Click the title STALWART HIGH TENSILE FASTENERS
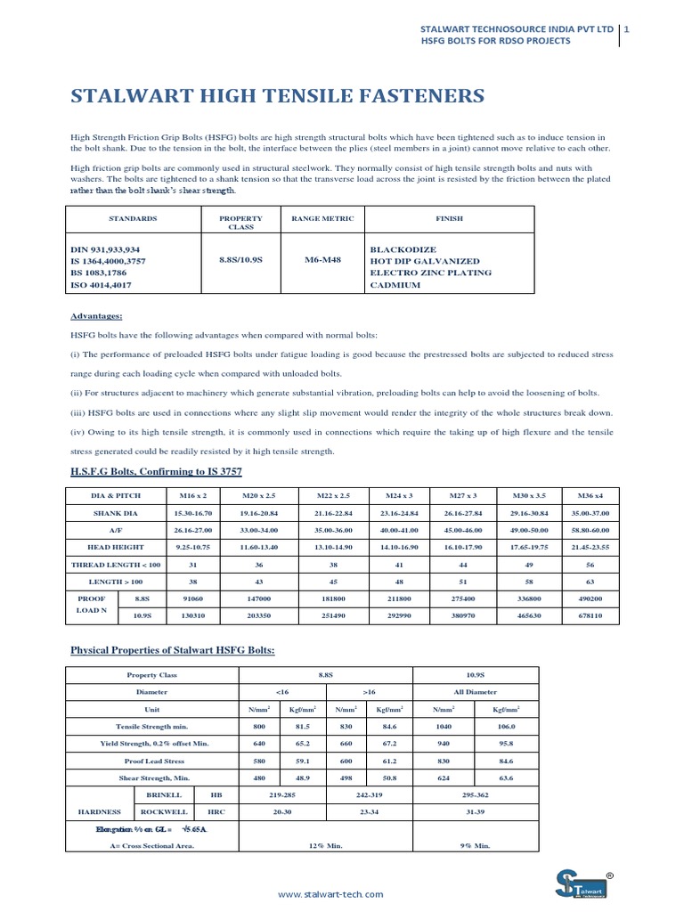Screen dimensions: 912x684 tap(277, 96)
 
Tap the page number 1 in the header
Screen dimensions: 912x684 tap(628, 28)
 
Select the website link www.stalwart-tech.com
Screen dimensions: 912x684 tap(330, 893)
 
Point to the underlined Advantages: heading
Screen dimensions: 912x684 tap(96, 316)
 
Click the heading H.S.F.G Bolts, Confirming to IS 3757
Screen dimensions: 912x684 tap(156, 470)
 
